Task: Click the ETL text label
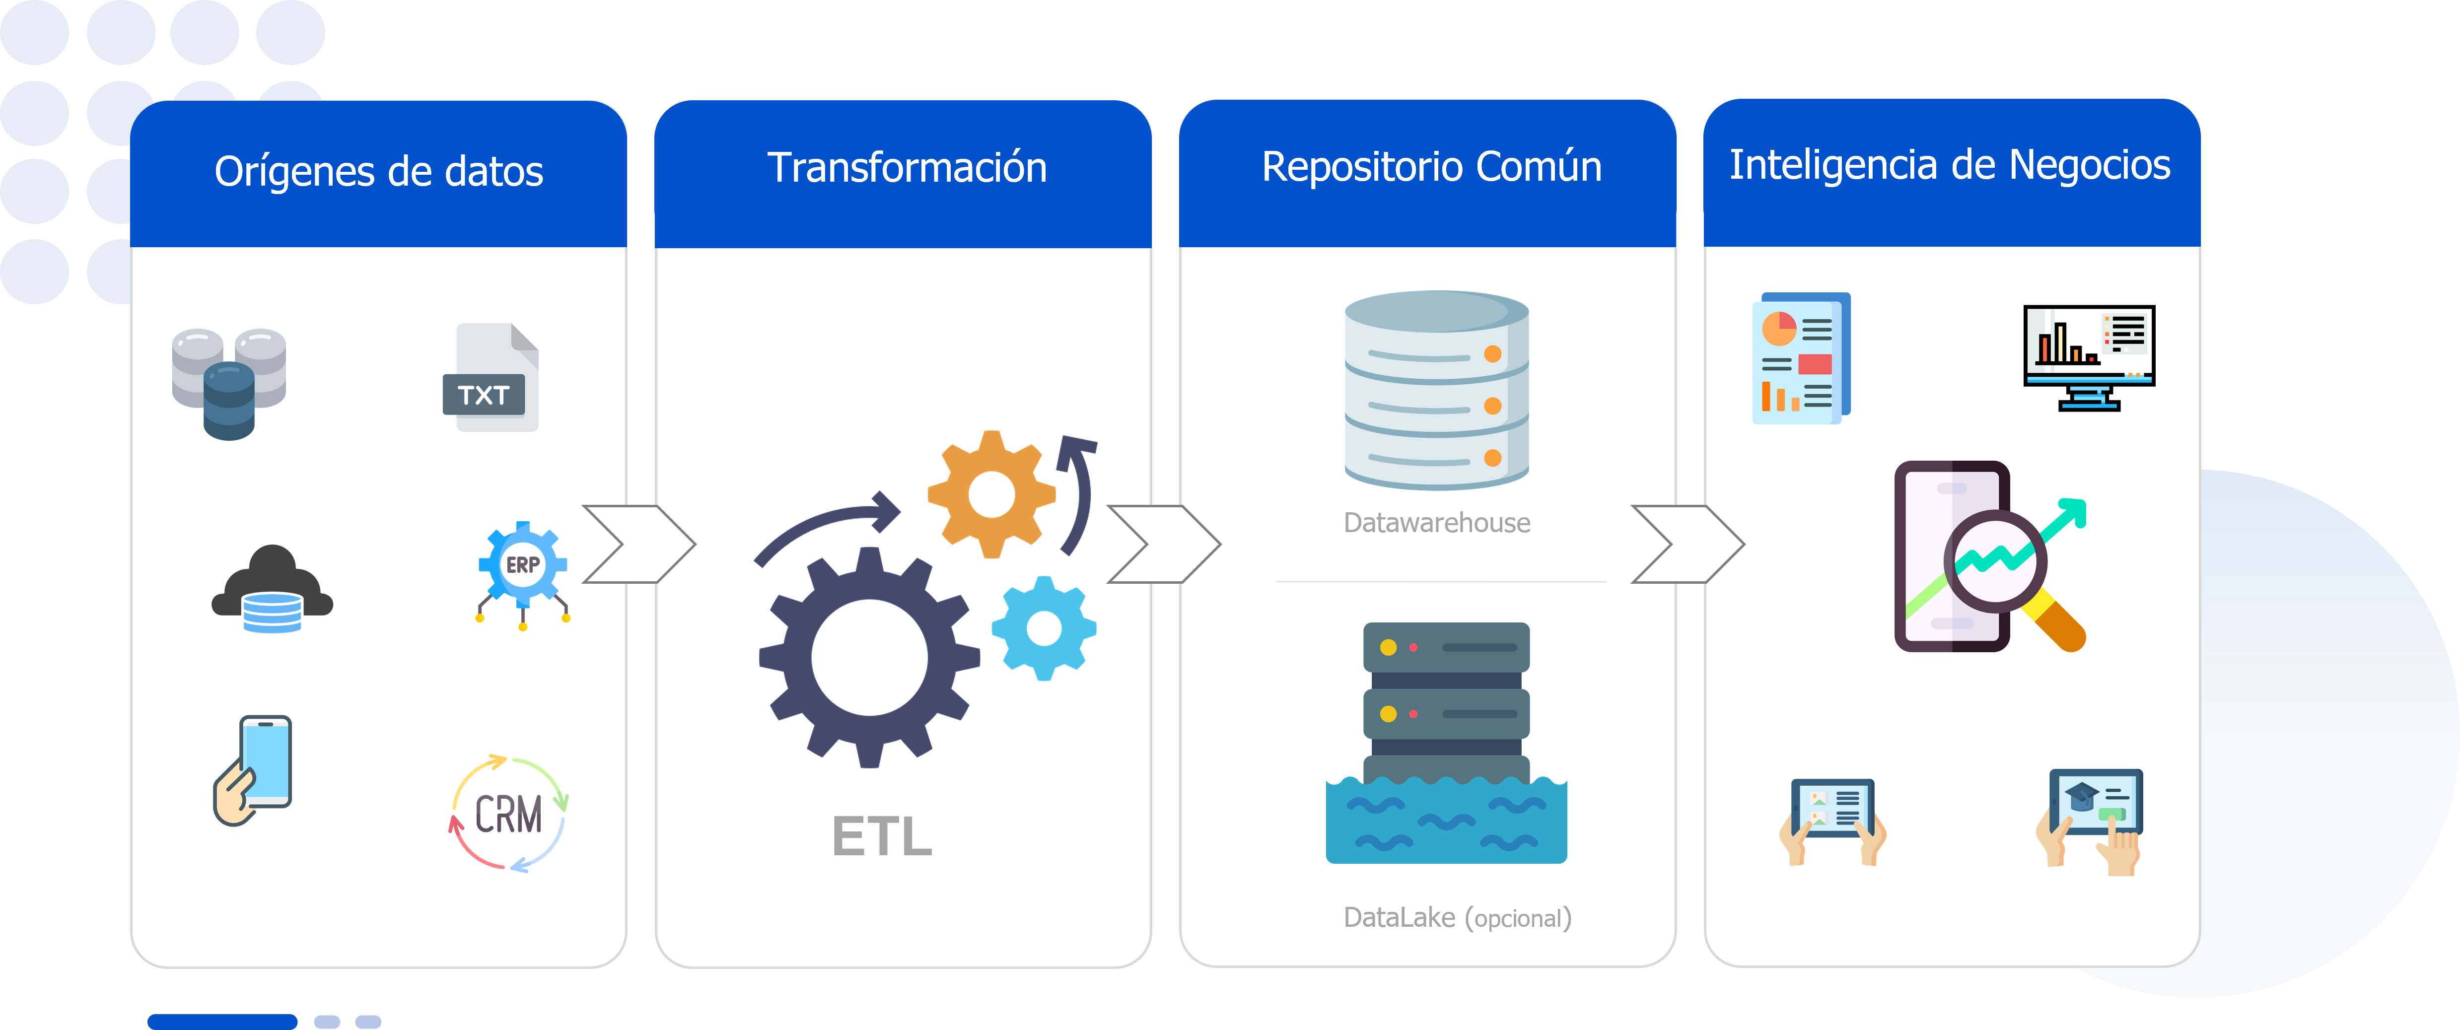click(x=881, y=836)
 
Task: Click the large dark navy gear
click(x=869, y=657)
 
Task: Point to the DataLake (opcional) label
click(x=1456, y=917)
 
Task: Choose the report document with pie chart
click(x=1801, y=358)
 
